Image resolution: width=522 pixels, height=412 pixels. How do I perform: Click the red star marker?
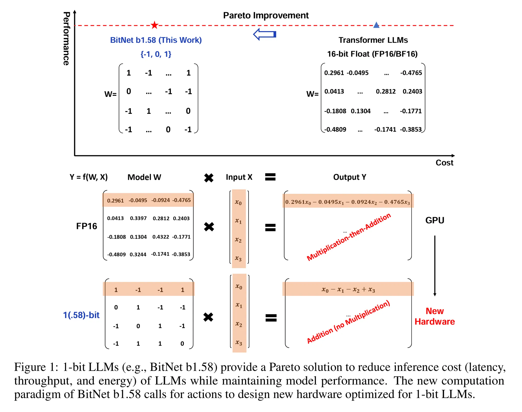point(154,25)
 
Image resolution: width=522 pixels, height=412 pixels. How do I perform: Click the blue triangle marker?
point(376,25)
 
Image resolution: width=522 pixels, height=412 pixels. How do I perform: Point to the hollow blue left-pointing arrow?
point(265,34)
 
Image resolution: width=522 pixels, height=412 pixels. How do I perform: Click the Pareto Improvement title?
point(266,16)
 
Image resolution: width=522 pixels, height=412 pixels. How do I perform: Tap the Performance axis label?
point(66,39)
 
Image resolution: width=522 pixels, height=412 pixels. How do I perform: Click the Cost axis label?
point(444,163)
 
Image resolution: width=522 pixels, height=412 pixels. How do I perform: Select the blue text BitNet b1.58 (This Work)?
point(156,40)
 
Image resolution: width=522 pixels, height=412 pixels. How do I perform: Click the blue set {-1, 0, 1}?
point(156,54)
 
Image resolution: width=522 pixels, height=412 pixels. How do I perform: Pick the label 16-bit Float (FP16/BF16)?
point(372,54)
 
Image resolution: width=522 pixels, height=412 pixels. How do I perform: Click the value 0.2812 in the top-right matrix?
point(386,92)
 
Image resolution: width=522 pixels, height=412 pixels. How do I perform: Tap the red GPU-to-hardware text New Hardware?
point(435,316)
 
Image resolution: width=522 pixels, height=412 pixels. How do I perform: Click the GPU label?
point(435,220)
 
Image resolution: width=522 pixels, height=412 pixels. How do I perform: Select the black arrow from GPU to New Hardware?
point(435,265)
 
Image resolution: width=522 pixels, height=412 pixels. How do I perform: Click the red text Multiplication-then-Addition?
point(348,237)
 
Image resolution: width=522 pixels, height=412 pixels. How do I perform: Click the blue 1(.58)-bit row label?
point(81,315)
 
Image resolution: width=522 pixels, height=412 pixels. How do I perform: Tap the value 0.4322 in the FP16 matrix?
point(161,237)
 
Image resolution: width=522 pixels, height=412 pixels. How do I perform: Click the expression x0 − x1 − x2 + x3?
point(348,290)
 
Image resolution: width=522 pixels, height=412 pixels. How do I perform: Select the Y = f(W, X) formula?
point(88,177)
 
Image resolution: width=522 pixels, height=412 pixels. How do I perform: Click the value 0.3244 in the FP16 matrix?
point(138,255)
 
